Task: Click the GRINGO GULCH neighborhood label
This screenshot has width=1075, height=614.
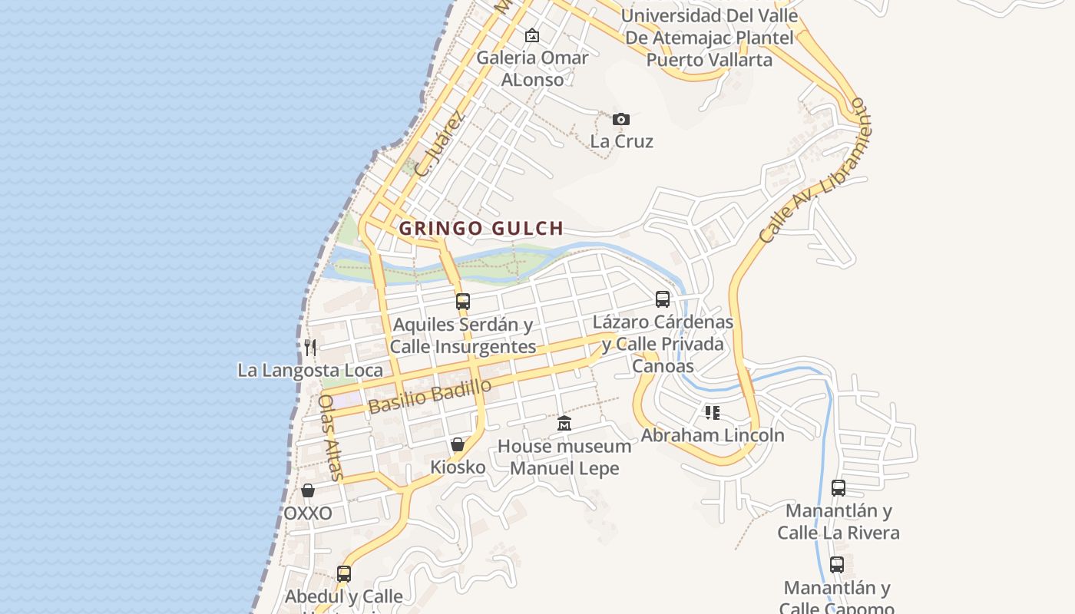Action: (x=481, y=228)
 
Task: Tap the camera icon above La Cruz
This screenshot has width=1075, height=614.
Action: (x=621, y=119)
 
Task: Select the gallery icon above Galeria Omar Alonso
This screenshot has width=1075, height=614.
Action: (x=531, y=35)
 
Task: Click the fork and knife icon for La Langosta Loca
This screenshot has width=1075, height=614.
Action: (x=310, y=347)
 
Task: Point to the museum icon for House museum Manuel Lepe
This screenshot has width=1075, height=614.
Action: (x=564, y=423)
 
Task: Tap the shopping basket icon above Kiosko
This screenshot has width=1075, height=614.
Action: (x=458, y=444)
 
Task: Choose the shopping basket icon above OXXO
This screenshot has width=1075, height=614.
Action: (x=308, y=490)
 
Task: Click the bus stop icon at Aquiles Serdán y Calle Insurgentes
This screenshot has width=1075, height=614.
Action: (x=462, y=301)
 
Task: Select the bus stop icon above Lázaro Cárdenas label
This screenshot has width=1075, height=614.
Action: (x=663, y=299)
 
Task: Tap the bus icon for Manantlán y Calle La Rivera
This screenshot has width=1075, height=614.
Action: (x=838, y=487)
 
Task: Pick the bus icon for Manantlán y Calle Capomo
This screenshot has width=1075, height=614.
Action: (x=837, y=565)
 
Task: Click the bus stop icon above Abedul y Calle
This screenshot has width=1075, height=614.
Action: (x=344, y=573)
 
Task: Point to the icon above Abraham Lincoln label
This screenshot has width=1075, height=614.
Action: (x=713, y=413)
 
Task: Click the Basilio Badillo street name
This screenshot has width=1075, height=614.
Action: (x=429, y=396)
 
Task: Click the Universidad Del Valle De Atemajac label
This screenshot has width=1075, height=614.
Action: (x=709, y=37)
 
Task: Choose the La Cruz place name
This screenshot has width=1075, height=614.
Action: (x=621, y=141)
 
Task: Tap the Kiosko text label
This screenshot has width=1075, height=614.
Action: (x=458, y=467)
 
